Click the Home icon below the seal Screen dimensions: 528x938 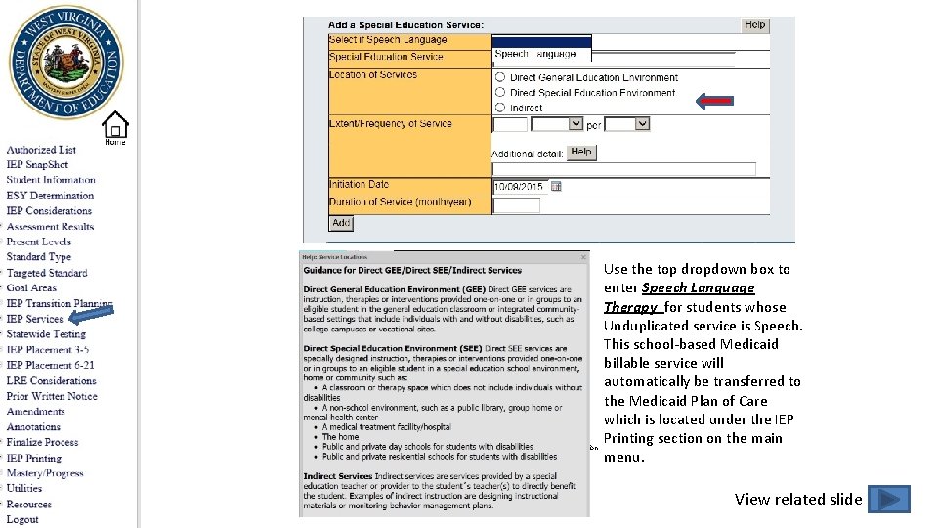pyautogui.click(x=115, y=127)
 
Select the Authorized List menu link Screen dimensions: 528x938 pyautogui.click(x=41, y=150)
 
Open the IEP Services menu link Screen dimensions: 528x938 pyautogui.click(x=34, y=319)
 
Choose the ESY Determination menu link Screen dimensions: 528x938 pyautogui.click(x=50, y=196)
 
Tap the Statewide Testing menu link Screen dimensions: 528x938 pyautogui.click(x=46, y=334)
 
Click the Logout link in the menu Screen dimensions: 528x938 pyautogui.click(x=22, y=519)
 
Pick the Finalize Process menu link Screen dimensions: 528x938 pyautogui.click(x=42, y=442)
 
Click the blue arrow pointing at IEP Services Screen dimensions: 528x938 pyautogui.click(x=92, y=315)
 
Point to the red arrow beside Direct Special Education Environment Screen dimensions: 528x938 pyautogui.click(x=714, y=100)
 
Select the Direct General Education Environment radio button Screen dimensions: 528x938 pyautogui.click(x=500, y=77)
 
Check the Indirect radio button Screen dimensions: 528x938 pyautogui.click(x=500, y=108)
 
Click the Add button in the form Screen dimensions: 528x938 pyautogui.click(x=341, y=223)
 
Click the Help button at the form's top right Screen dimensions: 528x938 pyautogui.click(x=755, y=25)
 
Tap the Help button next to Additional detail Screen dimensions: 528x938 pyautogui.click(x=581, y=153)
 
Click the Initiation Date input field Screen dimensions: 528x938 pyautogui.click(x=518, y=186)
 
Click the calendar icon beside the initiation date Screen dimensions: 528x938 pyautogui.click(x=556, y=186)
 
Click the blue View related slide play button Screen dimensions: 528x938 pyautogui.click(x=888, y=500)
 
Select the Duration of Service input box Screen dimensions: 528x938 pyautogui.click(x=516, y=205)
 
